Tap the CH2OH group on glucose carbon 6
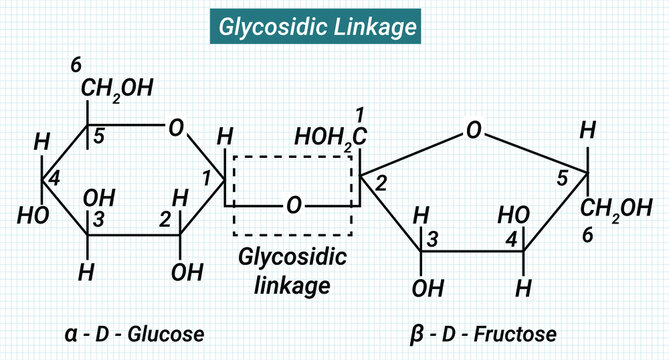117,90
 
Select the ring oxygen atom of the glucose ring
176,127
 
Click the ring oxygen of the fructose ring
474,130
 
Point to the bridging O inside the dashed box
293,205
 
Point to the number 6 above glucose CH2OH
76,66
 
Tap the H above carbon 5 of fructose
588,129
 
